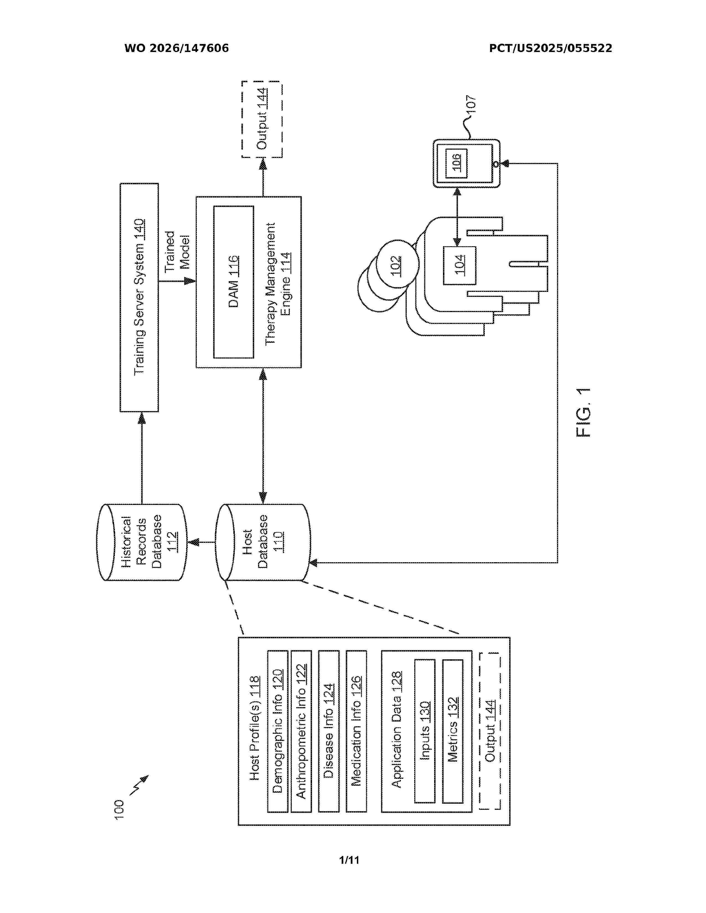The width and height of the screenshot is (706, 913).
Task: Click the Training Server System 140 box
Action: pos(139,297)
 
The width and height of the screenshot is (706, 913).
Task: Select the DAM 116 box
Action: pos(233,282)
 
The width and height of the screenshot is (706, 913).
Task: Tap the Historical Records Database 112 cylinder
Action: pos(141,542)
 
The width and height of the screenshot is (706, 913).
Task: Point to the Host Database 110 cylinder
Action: pos(263,542)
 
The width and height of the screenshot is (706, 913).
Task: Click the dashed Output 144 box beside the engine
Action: pos(262,120)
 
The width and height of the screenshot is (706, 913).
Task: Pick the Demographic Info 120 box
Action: pos(278,731)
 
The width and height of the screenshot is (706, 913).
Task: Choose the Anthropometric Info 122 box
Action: pos(301,731)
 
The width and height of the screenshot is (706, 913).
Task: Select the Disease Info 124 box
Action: pos(329,731)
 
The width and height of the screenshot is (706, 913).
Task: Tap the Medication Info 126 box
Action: pos(356,731)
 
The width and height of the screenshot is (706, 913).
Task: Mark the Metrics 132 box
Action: pos(453,731)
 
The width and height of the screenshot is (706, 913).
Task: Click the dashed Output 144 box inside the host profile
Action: pos(490,731)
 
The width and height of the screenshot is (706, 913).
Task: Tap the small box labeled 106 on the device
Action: pos(456,163)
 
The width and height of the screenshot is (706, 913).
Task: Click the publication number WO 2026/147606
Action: pos(177,48)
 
